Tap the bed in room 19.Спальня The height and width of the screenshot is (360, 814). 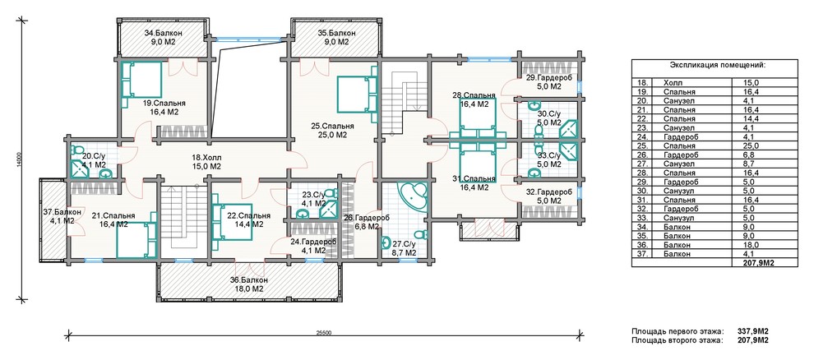[141, 80]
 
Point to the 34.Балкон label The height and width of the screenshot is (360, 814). [160, 34]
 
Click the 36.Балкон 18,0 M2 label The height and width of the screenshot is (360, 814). [249, 284]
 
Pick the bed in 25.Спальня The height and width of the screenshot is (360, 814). [357, 95]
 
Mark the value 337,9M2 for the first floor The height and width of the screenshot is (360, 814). [752, 331]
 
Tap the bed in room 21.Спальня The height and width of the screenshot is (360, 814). [136, 240]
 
